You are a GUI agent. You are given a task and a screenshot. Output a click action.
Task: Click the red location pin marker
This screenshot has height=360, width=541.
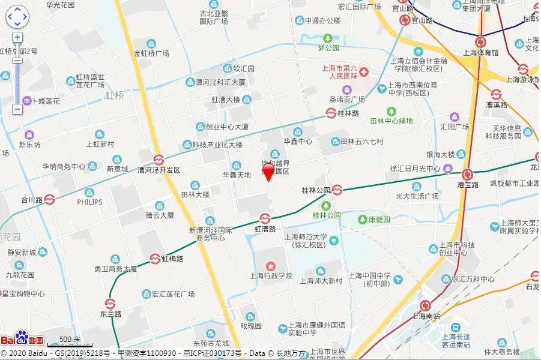pos(268,172)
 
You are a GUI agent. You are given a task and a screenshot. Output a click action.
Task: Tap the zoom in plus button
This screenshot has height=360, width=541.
pos(17,37)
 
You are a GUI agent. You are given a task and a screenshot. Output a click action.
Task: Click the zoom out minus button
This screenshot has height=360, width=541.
pos(17,109)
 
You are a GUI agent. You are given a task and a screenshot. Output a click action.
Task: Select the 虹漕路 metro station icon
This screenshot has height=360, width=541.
pos(264,218)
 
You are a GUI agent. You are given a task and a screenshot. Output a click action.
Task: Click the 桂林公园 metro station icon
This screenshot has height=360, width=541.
pos(337,190)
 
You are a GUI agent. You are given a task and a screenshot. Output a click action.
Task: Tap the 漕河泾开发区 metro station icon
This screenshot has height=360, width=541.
pos(159,160)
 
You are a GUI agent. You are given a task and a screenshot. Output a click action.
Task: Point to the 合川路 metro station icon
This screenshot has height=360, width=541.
pos(50,199)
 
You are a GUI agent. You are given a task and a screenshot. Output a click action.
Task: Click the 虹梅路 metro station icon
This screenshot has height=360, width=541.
pos(155,259)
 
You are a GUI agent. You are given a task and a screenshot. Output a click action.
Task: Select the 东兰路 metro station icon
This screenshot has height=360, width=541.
pos(110,304)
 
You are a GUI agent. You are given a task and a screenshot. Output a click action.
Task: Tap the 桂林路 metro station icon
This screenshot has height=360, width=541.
pos(331,112)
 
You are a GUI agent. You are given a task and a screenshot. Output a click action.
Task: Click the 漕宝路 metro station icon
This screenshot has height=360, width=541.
pos(467,175)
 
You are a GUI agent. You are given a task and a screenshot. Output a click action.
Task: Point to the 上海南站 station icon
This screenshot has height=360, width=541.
pos(426,305)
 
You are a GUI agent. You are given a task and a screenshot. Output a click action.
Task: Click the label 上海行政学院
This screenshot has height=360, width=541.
pos(271,276)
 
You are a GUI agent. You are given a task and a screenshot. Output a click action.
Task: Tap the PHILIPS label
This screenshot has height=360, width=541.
pos(89,202)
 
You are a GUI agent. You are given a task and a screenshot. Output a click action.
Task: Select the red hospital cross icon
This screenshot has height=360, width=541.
pos(364,72)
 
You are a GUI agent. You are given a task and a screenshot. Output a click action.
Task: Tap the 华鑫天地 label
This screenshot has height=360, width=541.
pos(237,175)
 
